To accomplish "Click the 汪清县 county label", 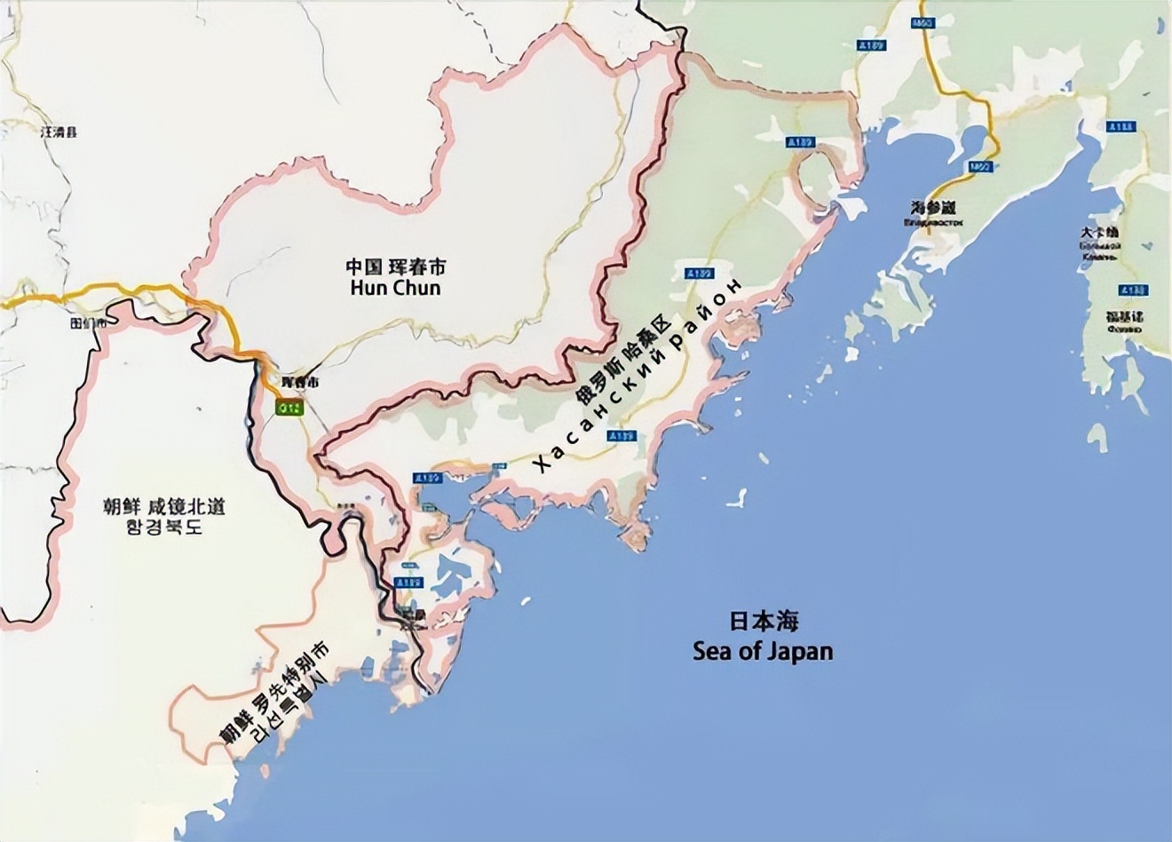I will pyautogui.click(x=59, y=131).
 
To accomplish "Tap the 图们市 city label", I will pyautogui.click(x=88, y=323).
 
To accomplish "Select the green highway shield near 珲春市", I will pyautogui.click(x=289, y=408).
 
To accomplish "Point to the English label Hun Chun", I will pyautogui.click(x=395, y=289).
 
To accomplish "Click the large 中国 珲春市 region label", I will pyautogui.click(x=395, y=266).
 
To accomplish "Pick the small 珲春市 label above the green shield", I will pyautogui.click(x=298, y=382).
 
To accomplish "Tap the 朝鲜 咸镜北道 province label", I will pyautogui.click(x=163, y=506).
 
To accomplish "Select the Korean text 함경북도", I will pyautogui.click(x=163, y=527).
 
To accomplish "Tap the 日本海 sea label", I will pyautogui.click(x=764, y=621).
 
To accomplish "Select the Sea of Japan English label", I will pyautogui.click(x=764, y=651).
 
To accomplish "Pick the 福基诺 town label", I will pyautogui.click(x=1124, y=316).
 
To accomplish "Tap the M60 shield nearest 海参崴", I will pyautogui.click(x=980, y=166).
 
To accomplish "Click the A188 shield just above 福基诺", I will pyautogui.click(x=1133, y=290).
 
